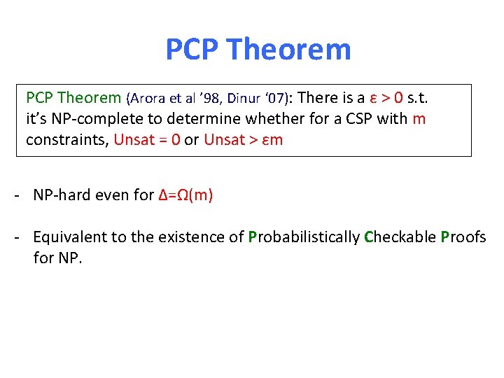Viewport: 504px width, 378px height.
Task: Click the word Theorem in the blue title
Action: tap(289, 50)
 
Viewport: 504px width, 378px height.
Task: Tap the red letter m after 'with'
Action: tap(419, 118)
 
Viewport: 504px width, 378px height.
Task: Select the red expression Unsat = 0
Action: tap(146, 139)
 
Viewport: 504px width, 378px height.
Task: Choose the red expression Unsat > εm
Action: tap(243, 139)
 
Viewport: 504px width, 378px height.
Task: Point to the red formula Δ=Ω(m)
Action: tap(185, 195)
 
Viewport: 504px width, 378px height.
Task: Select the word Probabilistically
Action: tap(304, 237)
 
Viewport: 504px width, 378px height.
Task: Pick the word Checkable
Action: tap(400, 237)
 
